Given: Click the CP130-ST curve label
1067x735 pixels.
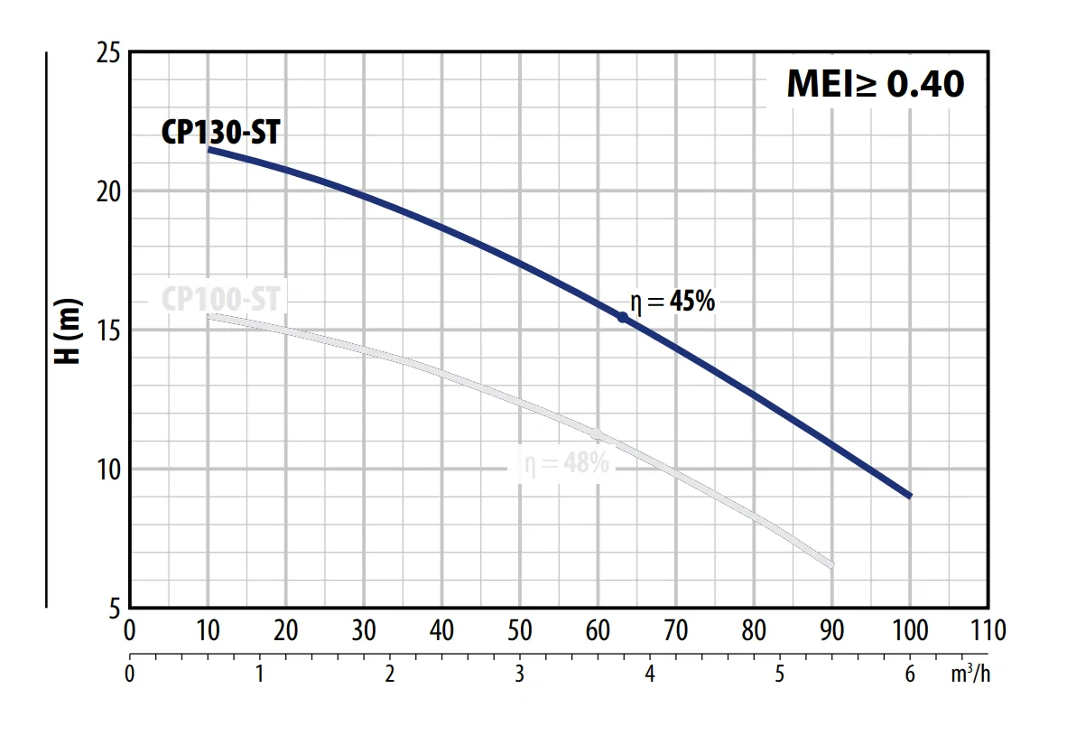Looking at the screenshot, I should (x=220, y=133).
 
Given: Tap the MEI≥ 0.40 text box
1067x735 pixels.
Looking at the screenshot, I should (x=875, y=84).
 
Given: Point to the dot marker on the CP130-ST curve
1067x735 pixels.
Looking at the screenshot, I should (x=622, y=317).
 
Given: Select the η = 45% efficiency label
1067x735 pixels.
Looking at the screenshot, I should (x=672, y=302).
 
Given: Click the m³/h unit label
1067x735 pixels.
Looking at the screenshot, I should (x=970, y=674).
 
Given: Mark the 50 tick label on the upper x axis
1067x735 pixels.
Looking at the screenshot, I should (x=519, y=630).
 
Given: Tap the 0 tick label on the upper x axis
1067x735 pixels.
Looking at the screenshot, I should (x=129, y=630).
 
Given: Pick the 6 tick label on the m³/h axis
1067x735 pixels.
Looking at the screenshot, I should (x=910, y=674).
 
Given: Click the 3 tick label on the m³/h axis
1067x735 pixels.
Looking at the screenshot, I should (x=519, y=674).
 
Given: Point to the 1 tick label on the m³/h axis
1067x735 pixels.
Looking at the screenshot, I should (x=259, y=674).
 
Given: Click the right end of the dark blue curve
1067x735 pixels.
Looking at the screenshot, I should (x=909, y=495).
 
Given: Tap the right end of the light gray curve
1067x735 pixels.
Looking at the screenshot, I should (x=830, y=564).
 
